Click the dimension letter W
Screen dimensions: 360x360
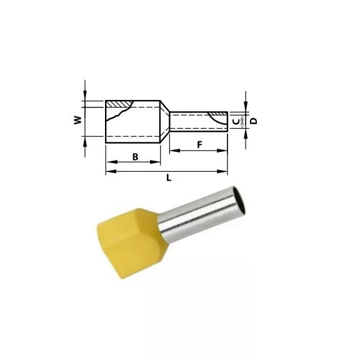pyautogui.click(x=78, y=120)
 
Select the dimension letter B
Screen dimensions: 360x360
pyautogui.click(x=135, y=157)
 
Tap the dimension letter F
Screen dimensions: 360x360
pyautogui.click(x=200, y=145)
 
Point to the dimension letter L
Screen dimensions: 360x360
pyautogui.click(x=169, y=177)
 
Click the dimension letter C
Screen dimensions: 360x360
pyautogui.click(x=236, y=122)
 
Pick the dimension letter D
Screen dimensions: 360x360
pyautogui.click(x=254, y=121)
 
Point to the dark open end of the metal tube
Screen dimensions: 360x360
pyautogui.click(x=239, y=200)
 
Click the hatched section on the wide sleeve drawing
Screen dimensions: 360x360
pyautogui.click(x=119, y=104)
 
